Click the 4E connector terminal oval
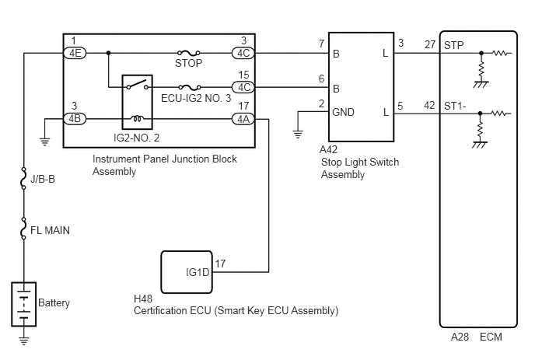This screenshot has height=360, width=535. (x=75, y=53)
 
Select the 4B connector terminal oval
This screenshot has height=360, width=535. (x=75, y=119)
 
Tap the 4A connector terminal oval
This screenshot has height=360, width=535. (x=243, y=119)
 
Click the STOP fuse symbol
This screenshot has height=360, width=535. (x=189, y=53)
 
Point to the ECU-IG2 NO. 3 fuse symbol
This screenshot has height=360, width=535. (x=190, y=87)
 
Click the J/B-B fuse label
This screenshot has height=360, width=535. (x=43, y=179)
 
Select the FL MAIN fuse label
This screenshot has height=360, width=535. (x=50, y=230)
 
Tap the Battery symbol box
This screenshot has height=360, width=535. (x=24, y=304)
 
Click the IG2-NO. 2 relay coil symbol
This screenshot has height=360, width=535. (x=138, y=118)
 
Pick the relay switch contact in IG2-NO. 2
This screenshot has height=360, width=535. (x=137, y=85)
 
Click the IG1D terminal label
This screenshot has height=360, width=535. (x=198, y=272)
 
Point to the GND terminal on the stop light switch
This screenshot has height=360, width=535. (x=343, y=112)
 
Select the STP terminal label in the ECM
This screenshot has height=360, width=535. (x=454, y=45)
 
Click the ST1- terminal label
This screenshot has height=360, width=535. (x=455, y=107)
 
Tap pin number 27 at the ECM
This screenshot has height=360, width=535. (x=430, y=44)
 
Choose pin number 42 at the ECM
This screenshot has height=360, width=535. (x=429, y=105)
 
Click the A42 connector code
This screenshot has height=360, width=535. (x=328, y=149)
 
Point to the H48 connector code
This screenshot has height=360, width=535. (x=143, y=299)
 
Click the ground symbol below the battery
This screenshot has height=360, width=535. (x=24, y=341)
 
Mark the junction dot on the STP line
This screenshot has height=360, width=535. (x=481, y=53)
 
